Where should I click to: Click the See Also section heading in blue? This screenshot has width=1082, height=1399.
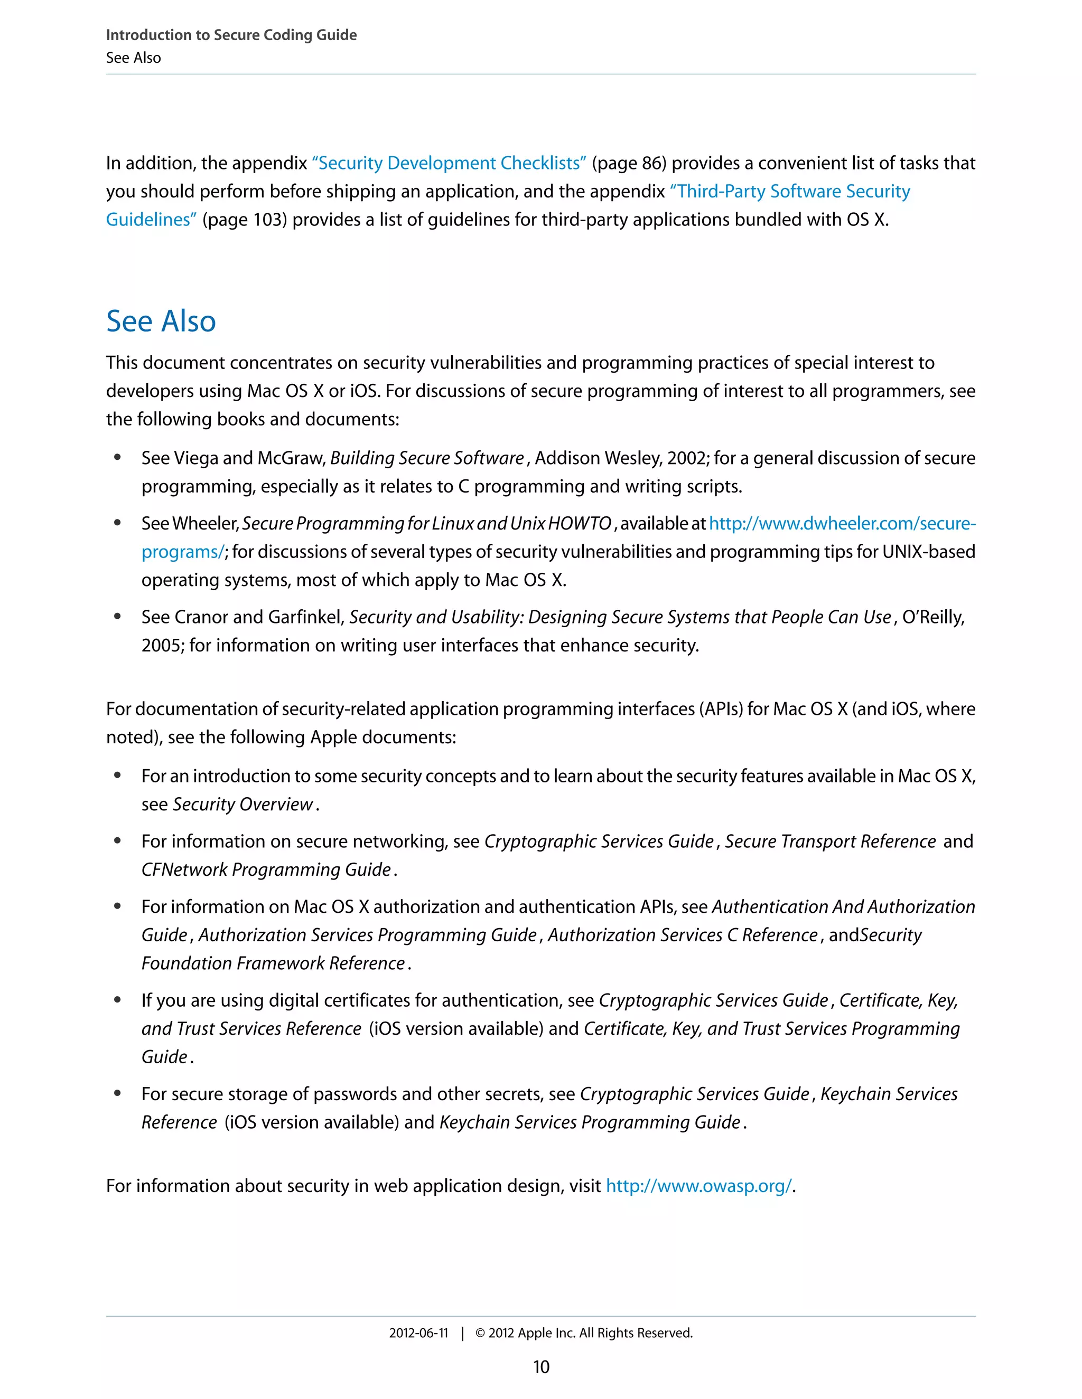161,321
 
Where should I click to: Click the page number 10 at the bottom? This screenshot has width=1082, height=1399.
541,1367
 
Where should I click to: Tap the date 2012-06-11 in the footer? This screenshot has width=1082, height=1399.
418,1333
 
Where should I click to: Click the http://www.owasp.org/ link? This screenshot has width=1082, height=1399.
698,1186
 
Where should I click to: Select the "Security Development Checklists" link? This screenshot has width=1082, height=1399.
449,163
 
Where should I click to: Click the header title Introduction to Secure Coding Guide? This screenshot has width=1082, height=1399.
231,35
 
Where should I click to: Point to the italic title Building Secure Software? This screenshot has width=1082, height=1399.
427,458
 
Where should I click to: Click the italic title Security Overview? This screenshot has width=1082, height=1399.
243,804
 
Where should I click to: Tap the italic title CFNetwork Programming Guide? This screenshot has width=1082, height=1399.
266,869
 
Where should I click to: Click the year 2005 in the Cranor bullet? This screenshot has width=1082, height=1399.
162,645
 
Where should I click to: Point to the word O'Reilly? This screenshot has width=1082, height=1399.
932,617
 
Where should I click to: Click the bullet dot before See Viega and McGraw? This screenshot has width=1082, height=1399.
117,457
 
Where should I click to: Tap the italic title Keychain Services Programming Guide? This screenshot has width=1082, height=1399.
590,1122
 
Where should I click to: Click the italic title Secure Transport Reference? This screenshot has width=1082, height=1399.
830,841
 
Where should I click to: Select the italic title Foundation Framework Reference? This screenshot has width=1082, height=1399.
273,963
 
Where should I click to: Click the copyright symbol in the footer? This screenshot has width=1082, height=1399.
480,1333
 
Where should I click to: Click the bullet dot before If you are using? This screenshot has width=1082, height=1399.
117,999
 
